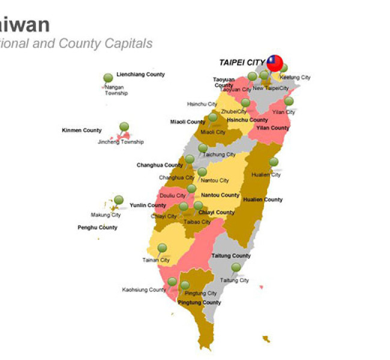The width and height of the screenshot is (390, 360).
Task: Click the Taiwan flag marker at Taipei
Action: click(275, 62)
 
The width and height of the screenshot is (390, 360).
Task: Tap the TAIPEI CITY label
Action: click(242, 62)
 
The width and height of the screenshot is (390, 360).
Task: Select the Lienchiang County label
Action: click(140, 74)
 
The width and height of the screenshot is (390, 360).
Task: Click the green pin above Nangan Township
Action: click(108, 78)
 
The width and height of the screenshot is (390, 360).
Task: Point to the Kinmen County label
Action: click(82, 130)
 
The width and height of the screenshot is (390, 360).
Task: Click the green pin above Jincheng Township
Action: click(124, 127)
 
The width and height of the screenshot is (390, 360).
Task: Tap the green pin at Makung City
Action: click(119, 200)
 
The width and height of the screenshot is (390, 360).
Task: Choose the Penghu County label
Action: click(97, 227)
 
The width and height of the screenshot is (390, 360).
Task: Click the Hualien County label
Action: click(263, 200)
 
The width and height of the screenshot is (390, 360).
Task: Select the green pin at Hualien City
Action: click(274, 162)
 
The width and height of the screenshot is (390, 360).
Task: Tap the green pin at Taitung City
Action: click(236, 267)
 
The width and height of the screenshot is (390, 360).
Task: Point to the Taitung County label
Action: click(231, 256)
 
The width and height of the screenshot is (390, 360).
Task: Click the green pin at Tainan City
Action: click(162, 248)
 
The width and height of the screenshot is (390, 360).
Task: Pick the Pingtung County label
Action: click(199, 302)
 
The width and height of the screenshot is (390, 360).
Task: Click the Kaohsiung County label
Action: click(144, 290)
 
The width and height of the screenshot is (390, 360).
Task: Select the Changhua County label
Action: click(160, 165)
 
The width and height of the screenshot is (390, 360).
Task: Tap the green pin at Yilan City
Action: click(289, 101)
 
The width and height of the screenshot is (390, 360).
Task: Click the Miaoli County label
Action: click(187, 122)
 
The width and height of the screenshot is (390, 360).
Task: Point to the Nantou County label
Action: click(220, 195)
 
